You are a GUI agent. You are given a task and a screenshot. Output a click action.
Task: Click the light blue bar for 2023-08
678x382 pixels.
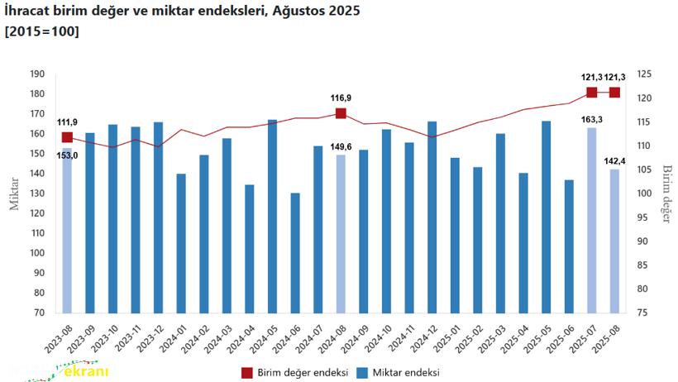click(x=68, y=232)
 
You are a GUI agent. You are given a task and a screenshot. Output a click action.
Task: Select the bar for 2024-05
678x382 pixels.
click(x=273, y=217)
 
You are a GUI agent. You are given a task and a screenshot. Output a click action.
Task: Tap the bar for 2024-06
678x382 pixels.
click(x=295, y=253)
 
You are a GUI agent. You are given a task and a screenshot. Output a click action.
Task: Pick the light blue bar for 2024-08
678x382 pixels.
click(x=341, y=234)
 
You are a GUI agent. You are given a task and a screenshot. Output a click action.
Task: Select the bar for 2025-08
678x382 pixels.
click(x=614, y=241)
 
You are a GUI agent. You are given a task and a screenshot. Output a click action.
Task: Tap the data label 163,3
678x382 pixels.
click(x=592, y=120)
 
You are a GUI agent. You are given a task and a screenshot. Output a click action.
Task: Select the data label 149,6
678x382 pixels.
click(x=340, y=147)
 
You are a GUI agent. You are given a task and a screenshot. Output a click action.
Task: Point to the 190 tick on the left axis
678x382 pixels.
click(x=36, y=74)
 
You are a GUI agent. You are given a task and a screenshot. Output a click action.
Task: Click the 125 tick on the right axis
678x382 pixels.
click(x=646, y=74)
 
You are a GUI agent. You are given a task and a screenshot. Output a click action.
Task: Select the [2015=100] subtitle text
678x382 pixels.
click(x=42, y=32)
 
